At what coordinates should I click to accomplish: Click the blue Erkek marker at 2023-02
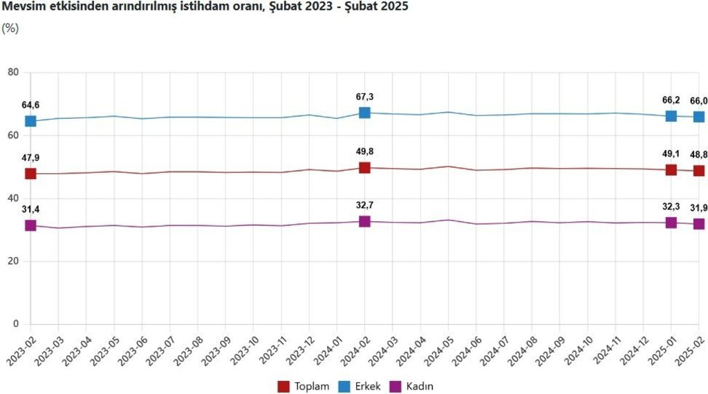(30, 121)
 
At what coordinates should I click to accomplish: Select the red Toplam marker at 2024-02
(364, 167)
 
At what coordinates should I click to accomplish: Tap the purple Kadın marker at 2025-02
(699, 224)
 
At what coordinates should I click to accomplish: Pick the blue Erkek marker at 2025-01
(671, 115)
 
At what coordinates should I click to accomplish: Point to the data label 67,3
(364, 97)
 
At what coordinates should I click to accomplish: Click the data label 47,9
(30, 158)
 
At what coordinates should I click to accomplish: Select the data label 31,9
(698, 208)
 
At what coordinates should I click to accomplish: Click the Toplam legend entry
(303, 386)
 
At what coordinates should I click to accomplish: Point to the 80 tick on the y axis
(14, 73)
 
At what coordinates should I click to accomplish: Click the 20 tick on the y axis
(14, 261)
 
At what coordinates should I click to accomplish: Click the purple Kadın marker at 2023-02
(30, 225)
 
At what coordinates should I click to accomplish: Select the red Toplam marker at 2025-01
(671, 169)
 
